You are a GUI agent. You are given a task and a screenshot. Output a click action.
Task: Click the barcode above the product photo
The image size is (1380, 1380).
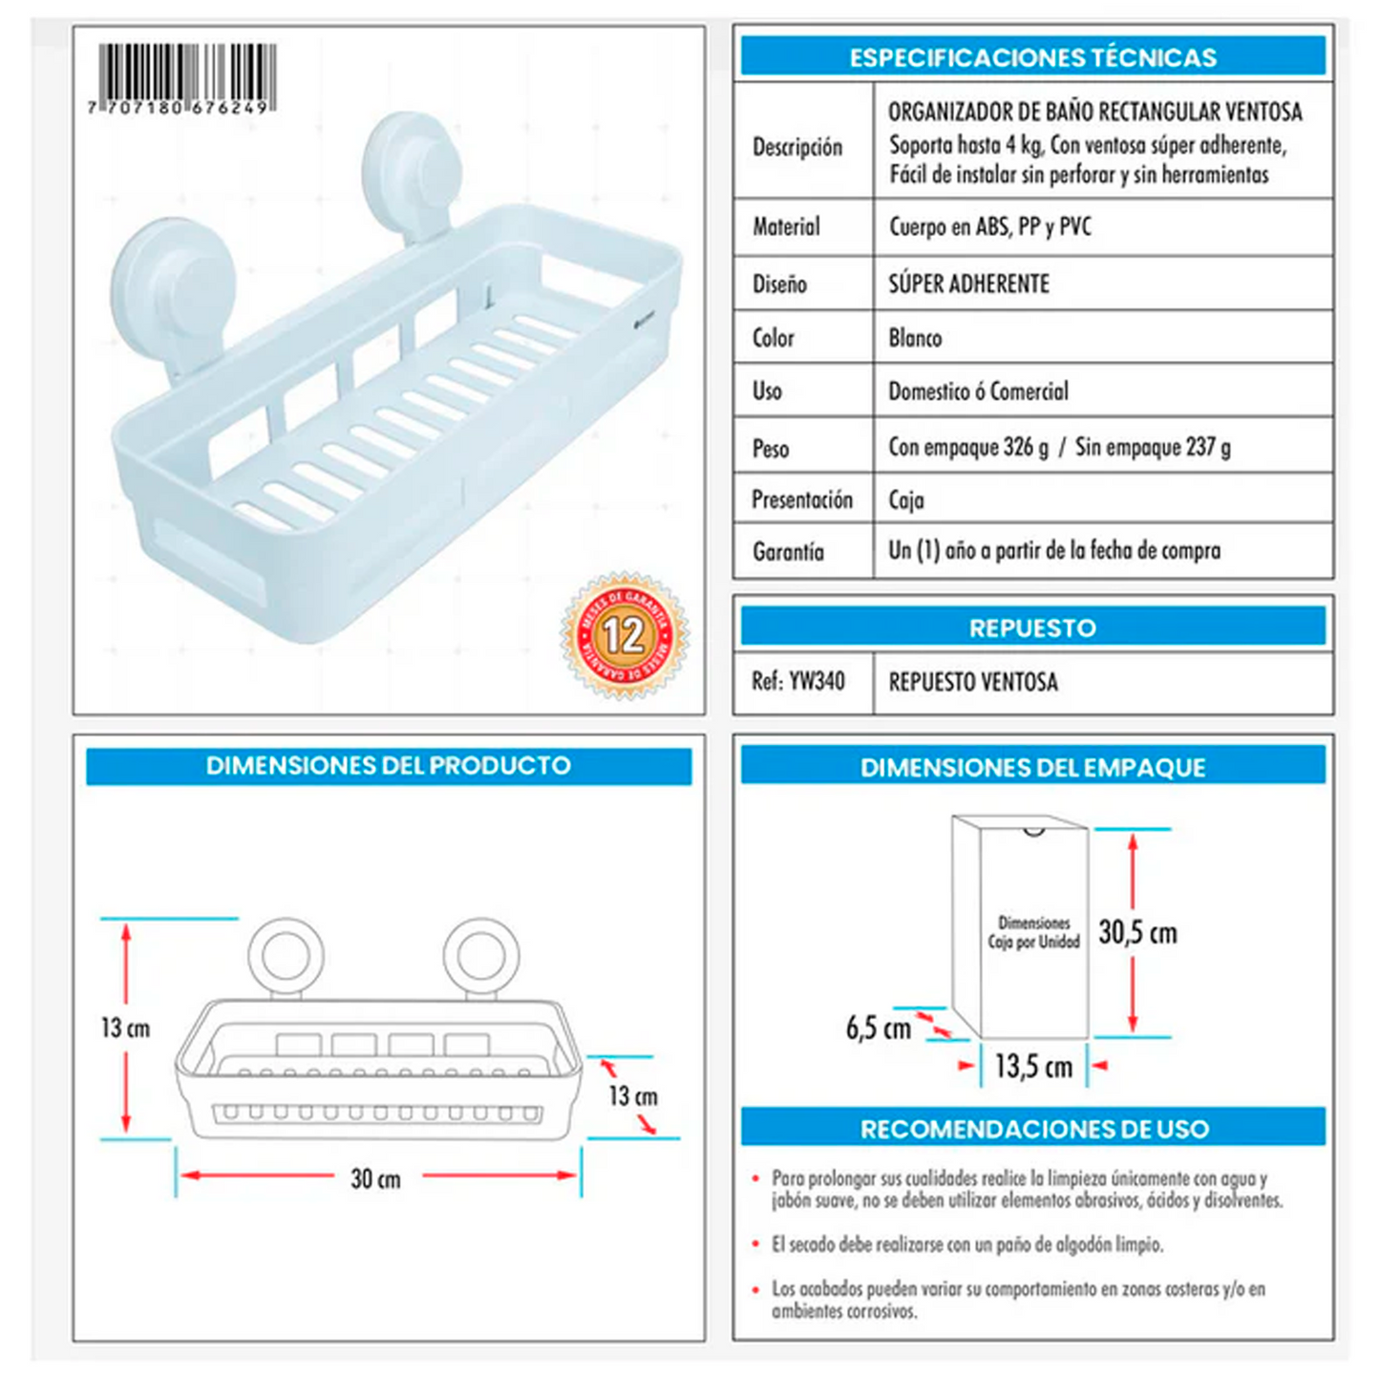(181, 78)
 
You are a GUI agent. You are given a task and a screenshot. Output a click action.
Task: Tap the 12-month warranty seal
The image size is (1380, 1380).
(625, 635)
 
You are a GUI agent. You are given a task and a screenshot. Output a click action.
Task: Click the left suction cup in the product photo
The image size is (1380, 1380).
(173, 293)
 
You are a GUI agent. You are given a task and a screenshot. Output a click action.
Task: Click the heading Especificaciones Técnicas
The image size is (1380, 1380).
(1032, 57)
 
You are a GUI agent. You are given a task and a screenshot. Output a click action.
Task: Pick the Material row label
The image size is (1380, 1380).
(786, 227)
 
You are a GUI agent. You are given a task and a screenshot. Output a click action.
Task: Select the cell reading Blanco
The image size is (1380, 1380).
(915, 338)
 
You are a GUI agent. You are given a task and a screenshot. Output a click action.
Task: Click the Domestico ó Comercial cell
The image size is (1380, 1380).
(978, 391)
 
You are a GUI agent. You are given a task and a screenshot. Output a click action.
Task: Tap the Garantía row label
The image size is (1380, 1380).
(788, 551)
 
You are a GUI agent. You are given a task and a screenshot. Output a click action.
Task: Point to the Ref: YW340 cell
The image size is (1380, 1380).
(797, 680)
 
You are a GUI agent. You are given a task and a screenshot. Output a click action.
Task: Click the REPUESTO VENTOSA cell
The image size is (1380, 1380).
(973, 681)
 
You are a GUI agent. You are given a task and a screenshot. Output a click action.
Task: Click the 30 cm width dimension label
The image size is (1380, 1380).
(375, 1178)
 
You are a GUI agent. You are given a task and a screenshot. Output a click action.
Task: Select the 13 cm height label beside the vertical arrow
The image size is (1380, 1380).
(126, 1028)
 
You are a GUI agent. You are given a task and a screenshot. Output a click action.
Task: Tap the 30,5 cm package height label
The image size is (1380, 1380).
(1138, 932)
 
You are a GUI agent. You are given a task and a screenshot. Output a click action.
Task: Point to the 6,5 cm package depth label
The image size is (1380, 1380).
(879, 1028)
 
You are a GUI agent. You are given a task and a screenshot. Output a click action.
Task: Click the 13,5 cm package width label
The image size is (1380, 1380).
(1033, 1067)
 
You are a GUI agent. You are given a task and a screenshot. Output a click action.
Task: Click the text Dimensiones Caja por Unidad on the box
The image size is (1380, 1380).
(1033, 932)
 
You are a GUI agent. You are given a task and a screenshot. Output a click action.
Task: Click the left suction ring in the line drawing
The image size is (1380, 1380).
(286, 955)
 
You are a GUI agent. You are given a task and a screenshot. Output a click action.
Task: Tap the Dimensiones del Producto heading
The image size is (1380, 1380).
(388, 766)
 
